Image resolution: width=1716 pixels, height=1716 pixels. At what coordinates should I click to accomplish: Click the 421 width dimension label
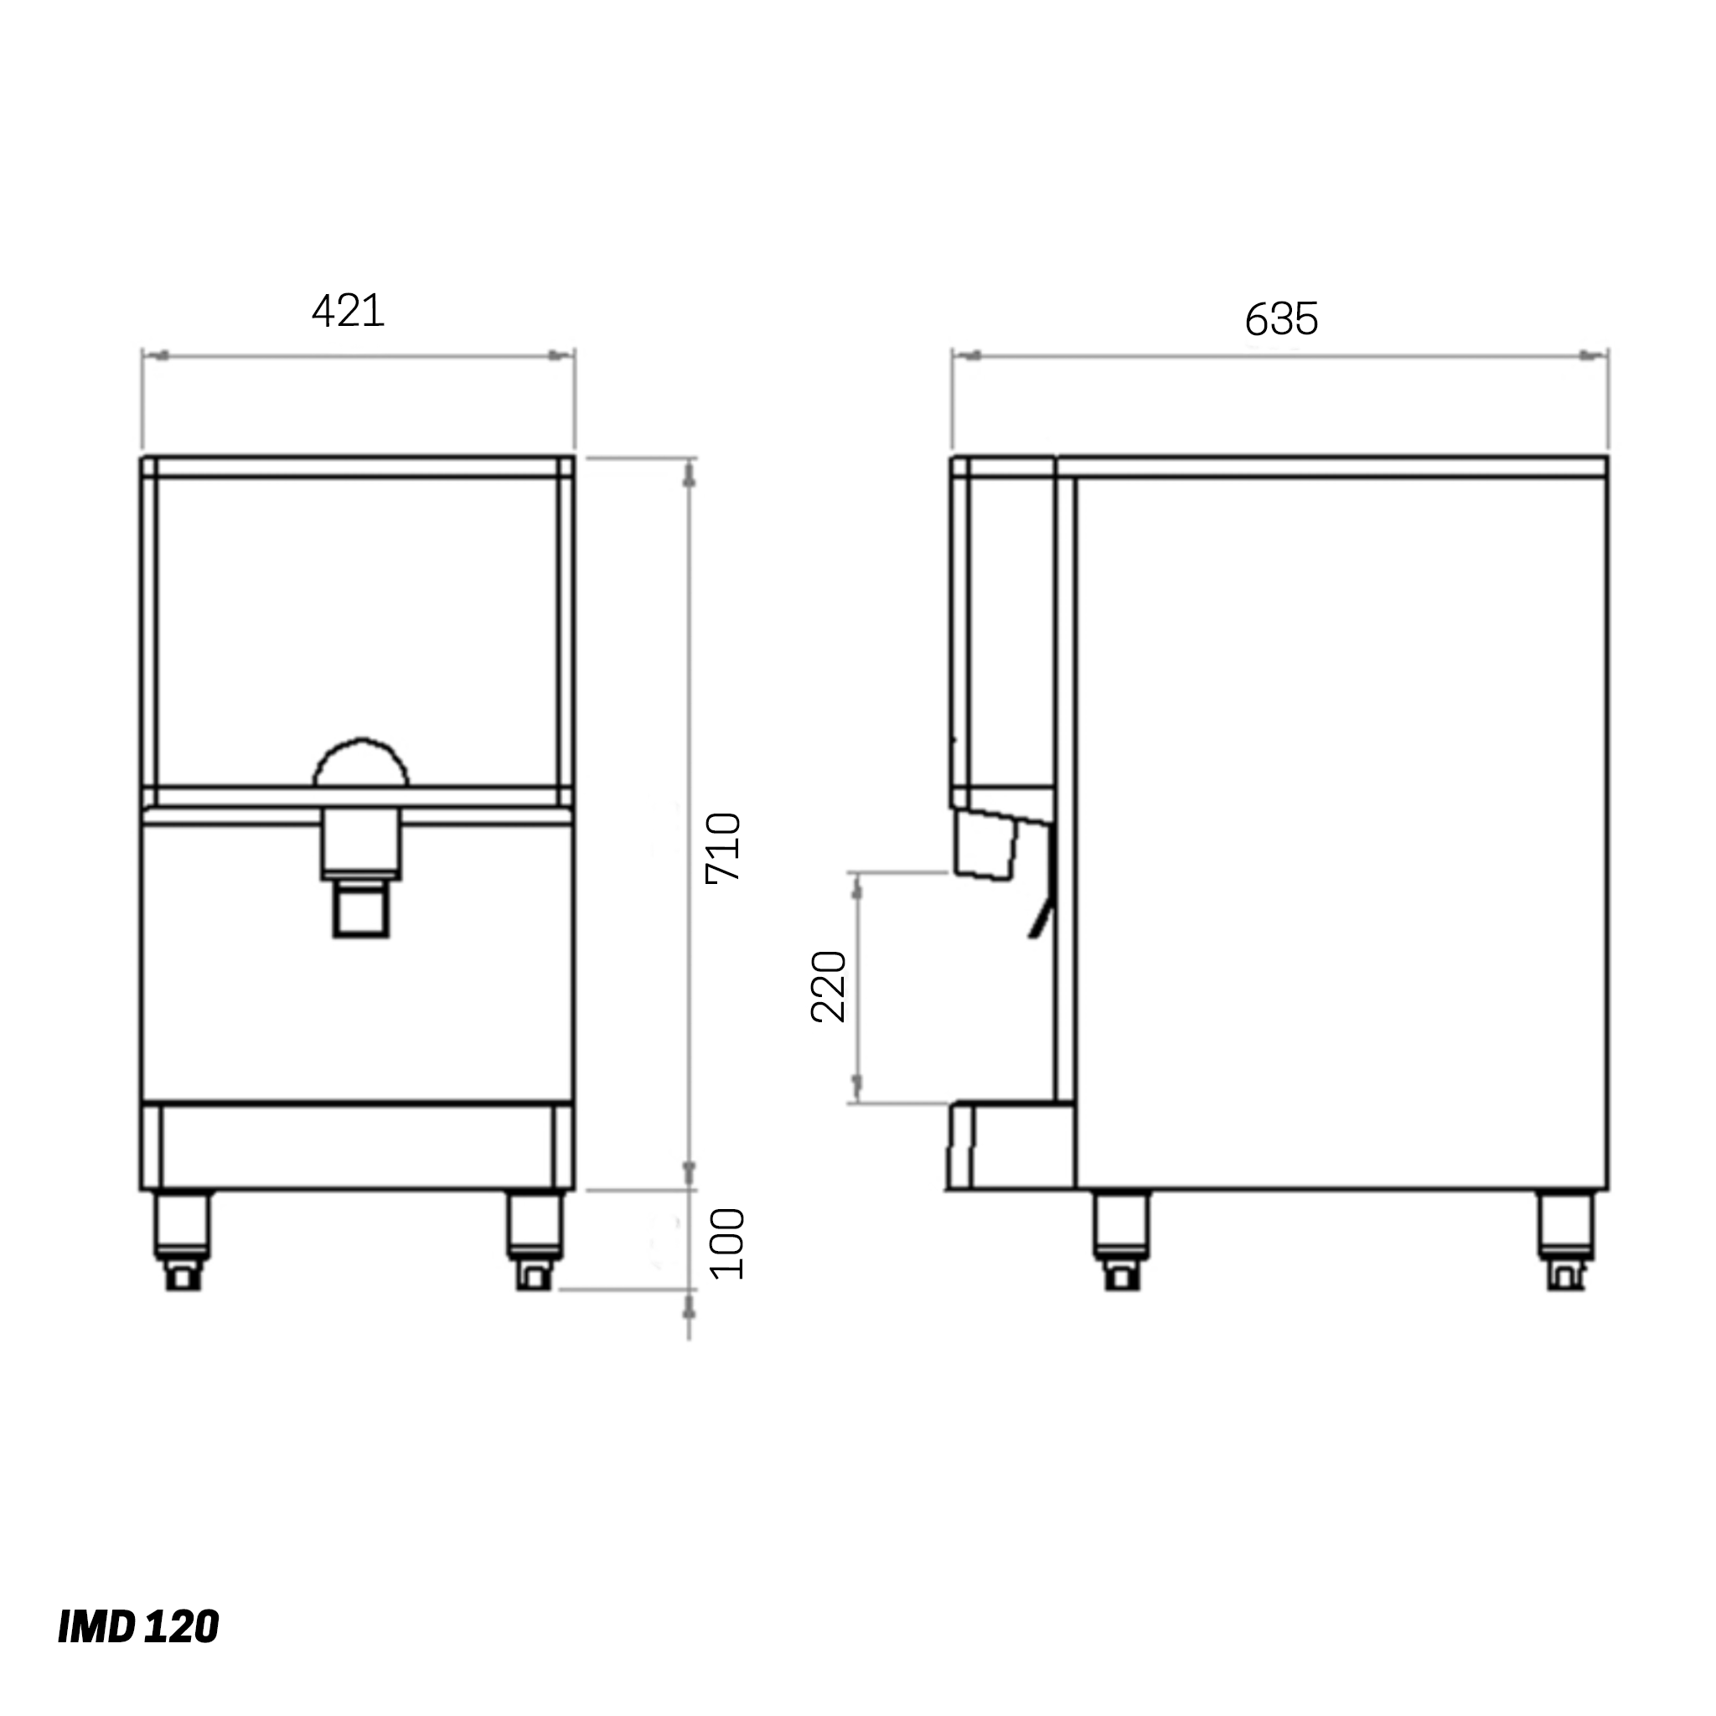point(349,311)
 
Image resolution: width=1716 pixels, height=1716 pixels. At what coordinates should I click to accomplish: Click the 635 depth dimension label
point(1281,319)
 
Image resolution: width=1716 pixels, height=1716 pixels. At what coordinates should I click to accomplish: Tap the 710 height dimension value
point(723,847)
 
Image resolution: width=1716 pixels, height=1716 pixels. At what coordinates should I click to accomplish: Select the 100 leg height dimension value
point(727,1243)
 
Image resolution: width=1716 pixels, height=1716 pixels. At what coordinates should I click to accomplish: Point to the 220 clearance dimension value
point(829,987)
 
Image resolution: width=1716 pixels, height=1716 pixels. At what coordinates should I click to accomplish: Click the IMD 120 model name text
point(137,1626)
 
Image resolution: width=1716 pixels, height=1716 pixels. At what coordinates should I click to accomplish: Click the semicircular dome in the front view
point(360,765)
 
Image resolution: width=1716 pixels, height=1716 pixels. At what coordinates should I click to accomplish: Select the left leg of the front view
point(182,1238)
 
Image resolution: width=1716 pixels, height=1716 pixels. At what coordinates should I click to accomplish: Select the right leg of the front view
point(534,1238)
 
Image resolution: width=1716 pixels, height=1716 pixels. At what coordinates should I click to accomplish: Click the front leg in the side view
point(1120,1238)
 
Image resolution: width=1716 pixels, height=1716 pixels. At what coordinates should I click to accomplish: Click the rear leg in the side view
point(1565,1238)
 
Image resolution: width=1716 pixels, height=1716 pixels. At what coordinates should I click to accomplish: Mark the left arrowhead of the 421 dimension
point(158,356)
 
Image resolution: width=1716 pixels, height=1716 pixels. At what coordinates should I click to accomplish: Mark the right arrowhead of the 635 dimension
point(1592,356)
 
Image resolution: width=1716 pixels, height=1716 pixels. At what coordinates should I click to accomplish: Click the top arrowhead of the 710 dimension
point(690,476)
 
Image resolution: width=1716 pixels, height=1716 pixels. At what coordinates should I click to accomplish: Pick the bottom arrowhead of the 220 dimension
point(857,1085)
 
